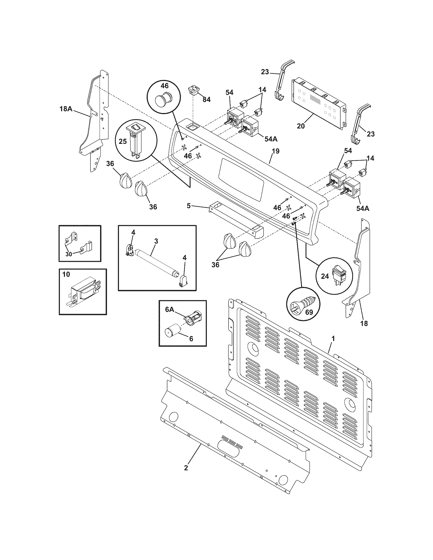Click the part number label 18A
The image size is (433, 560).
66,109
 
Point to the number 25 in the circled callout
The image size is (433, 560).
123,141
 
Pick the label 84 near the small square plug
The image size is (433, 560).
206,100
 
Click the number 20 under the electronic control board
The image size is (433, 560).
301,126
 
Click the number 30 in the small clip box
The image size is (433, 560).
69,254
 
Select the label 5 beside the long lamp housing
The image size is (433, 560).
188,206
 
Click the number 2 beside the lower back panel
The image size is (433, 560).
186,468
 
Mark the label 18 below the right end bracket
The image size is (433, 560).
364,323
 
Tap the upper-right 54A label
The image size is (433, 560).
271,139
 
